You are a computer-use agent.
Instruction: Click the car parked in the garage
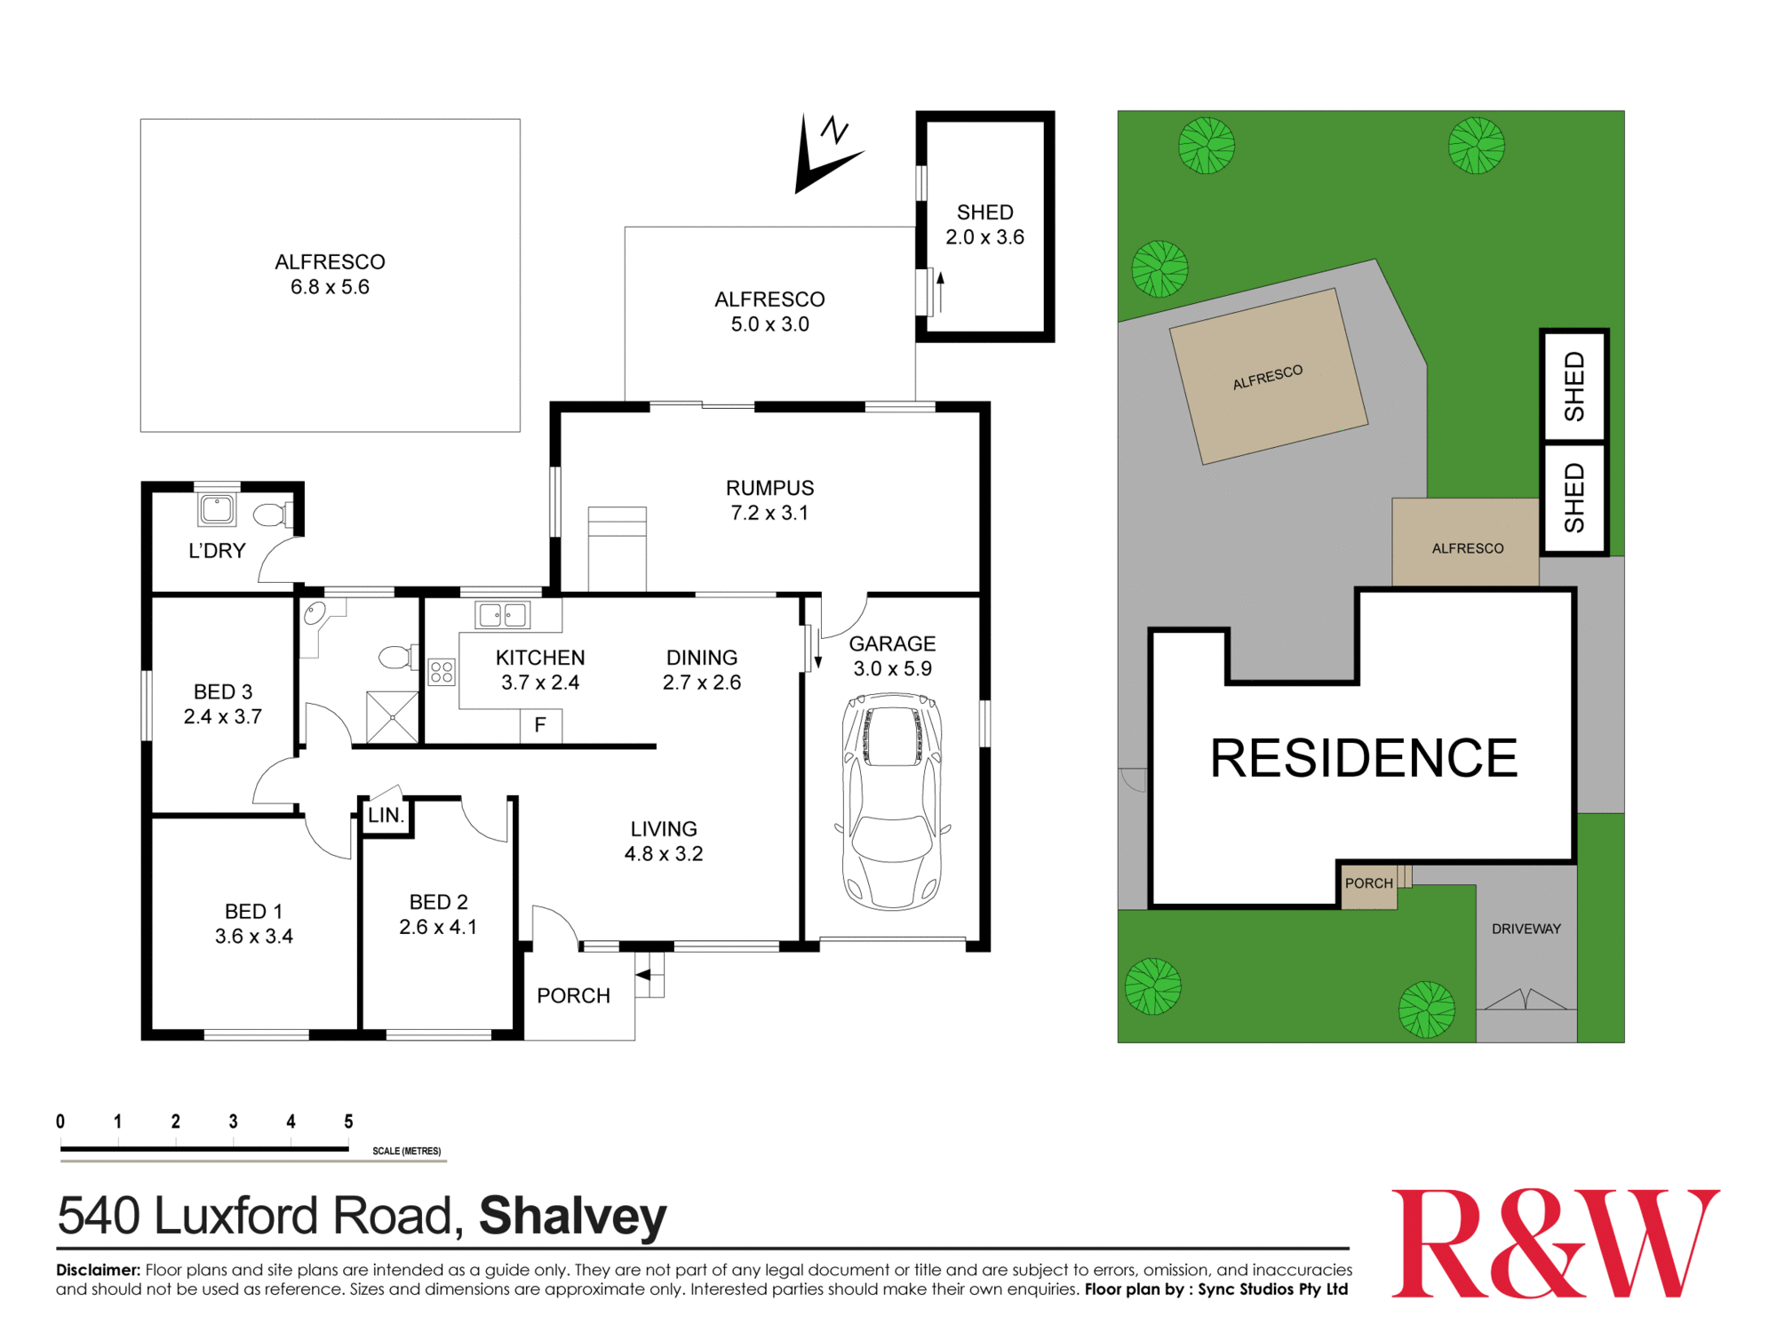click(x=892, y=802)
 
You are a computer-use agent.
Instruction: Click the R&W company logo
click(x=1554, y=1243)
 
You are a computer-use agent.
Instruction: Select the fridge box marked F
click(x=540, y=725)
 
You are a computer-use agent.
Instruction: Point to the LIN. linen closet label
click(x=386, y=815)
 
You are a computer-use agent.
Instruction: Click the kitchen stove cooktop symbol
click(x=442, y=672)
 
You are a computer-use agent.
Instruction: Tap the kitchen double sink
click(x=502, y=614)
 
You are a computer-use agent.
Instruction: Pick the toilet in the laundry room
click(x=272, y=515)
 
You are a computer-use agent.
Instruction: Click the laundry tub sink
click(x=217, y=509)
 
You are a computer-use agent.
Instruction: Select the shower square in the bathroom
click(x=392, y=716)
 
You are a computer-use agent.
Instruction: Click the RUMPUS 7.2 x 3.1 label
click(x=769, y=500)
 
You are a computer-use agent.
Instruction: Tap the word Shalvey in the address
click(x=572, y=1216)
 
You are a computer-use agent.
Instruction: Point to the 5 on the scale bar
click(x=348, y=1121)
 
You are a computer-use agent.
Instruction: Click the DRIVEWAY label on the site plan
click(x=1526, y=929)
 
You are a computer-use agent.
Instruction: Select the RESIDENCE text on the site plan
click(x=1363, y=758)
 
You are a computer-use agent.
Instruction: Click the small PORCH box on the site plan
click(x=1368, y=884)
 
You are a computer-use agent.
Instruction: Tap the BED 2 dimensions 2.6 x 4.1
click(x=438, y=927)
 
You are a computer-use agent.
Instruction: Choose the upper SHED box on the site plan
click(x=1574, y=386)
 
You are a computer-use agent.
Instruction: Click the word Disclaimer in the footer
click(x=98, y=1270)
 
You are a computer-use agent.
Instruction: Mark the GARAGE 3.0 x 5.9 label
click(x=892, y=656)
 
